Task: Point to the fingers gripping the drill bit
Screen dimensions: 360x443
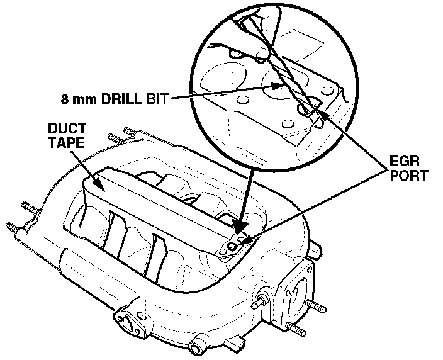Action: coord(261,19)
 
